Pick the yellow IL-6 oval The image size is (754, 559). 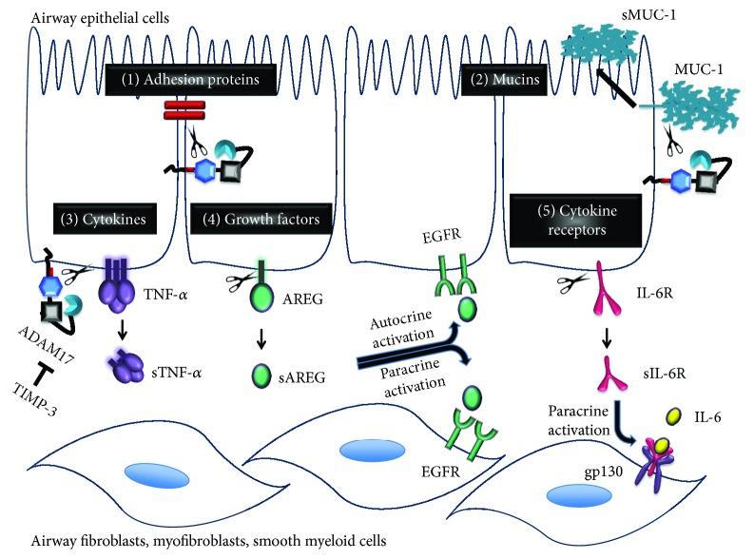pos(672,415)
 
